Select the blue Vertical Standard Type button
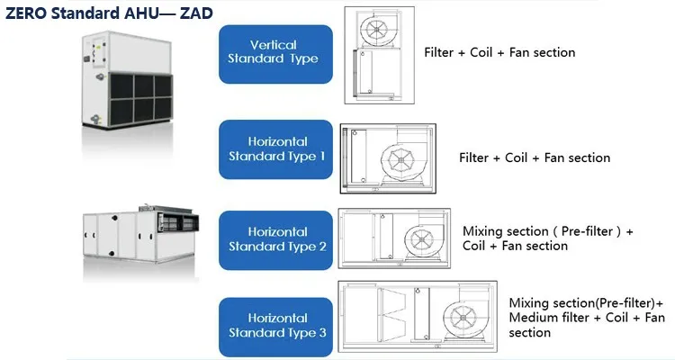tap(276, 54)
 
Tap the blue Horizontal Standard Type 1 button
tap(276, 149)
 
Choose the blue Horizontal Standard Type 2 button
tap(276, 239)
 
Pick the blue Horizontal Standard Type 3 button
tap(276, 325)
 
